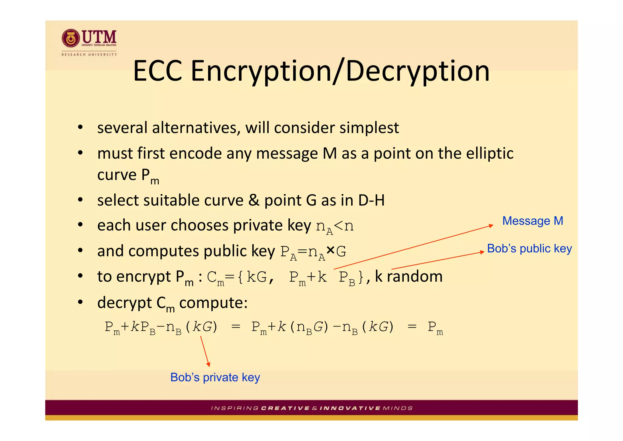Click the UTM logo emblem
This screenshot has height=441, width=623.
pyautogui.click(x=71, y=38)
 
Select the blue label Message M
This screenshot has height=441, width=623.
pyautogui.click(x=533, y=221)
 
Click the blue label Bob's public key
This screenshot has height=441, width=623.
pyautogui.click(x=529, y=249)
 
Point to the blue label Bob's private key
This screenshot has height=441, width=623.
pyautogui.click(x=215, y=377)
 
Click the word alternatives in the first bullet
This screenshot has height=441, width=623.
pyautogui.click(x=194, y=128)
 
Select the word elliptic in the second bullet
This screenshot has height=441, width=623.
pyautogui.click(x=490, y=153)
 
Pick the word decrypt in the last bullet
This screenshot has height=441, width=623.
pyautogui.click(x=124, y=303)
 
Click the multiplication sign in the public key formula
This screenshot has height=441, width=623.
pyautogui.click(x=330, y=250)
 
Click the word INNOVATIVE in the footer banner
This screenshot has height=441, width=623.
pyautogui.click(x=350, y=408)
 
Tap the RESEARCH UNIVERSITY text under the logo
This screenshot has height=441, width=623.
pyautogui.click(x=89, y=55)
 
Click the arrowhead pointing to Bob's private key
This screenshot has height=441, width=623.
pyautogui.click(x=209, y=365)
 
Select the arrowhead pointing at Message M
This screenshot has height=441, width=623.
pyautogui.click(x=491, y=226)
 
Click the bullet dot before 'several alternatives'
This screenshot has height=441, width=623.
pyautogui.click(x=80, y=128)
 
